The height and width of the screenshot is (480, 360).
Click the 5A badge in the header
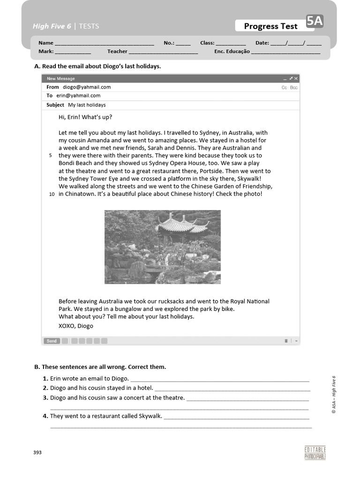click(315, 21)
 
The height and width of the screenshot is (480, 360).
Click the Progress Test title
click(270, 26)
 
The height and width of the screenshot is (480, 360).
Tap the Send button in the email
click(52, 341)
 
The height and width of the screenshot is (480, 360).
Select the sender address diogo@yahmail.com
click(87, 87)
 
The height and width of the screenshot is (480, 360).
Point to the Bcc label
click(294, 88)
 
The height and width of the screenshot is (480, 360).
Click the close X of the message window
click(296, 79)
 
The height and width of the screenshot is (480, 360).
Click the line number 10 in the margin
click(52, 194)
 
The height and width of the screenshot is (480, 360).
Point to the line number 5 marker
click(51, 156)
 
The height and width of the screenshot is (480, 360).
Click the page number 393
click(37, 452)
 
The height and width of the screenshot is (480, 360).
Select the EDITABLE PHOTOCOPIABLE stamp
click(315, 453)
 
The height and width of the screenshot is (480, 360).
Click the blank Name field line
click(104, 44)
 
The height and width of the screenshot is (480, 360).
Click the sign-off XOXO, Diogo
click(76, 326)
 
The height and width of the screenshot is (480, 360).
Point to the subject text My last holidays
click(87, 105)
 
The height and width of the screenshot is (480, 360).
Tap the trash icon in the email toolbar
click(286, 341)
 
